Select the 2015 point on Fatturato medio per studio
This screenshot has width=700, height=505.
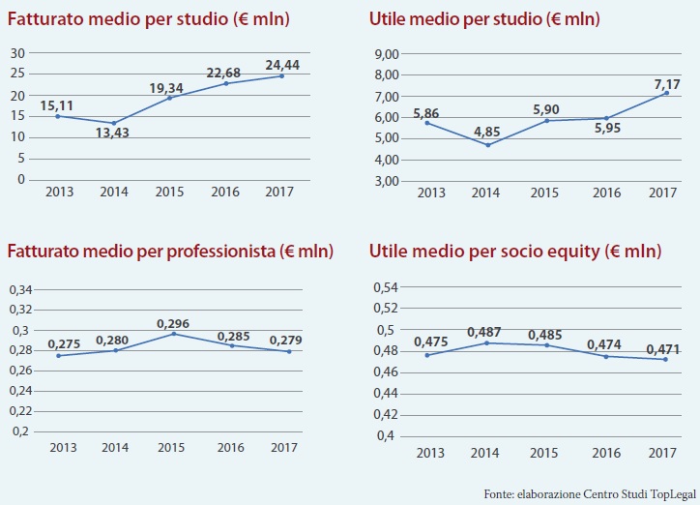click(x=168, y=98)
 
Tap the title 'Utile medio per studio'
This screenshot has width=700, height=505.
click(x=483, y=18)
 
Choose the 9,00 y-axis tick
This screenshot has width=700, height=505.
click(x=387, y=54)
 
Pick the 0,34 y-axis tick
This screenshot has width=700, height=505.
click(x=20, y=289)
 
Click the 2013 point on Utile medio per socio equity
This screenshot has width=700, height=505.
click(x=428, y=355)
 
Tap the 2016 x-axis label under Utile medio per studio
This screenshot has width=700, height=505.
click(x=606, y=193)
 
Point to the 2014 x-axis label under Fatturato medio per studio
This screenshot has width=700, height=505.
click(x=114, y=192)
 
